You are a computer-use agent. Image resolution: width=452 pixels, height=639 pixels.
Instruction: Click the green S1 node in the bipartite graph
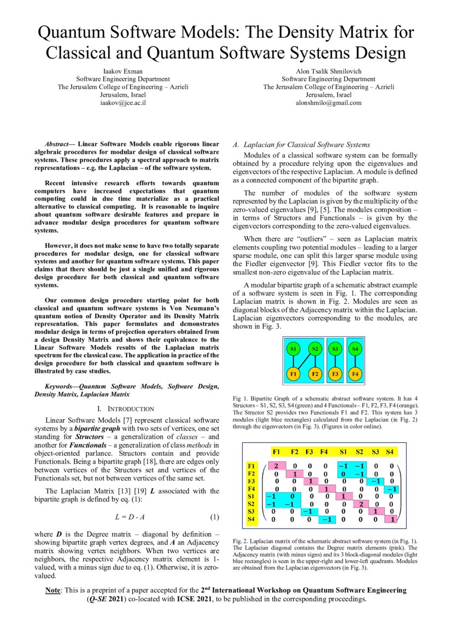tap(293, 349)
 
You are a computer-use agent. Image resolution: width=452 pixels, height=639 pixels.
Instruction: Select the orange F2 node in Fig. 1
tap(314, 374)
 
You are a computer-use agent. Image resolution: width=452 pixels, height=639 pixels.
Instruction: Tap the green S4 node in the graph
tap(355, 349)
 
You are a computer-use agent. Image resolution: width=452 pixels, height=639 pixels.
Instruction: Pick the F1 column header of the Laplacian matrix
tap(277, 452)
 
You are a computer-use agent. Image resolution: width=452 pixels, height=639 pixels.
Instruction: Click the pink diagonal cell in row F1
tap(277, 466)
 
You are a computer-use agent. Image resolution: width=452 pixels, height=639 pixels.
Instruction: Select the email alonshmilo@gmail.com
tap(328, 102)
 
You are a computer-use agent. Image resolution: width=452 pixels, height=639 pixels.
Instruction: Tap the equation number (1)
tap(215, 517)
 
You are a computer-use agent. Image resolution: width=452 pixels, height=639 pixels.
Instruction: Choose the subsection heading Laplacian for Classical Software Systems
tap(307, 145)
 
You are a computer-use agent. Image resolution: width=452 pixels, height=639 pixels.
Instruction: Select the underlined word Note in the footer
tap(53, 590)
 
